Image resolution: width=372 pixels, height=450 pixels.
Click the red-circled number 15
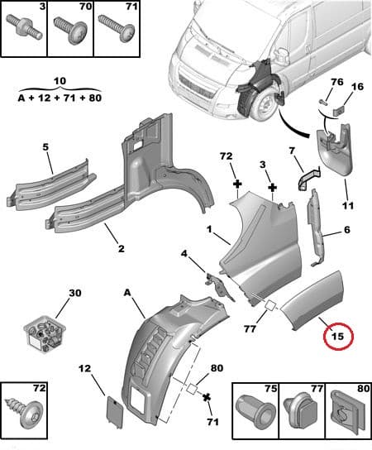pos(337,336)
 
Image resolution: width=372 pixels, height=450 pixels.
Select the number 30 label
pos(75,294)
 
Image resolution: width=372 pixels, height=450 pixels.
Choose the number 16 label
pos(357,86)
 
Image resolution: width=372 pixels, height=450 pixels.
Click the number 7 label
pos(291,151)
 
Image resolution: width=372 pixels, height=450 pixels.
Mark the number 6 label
pos(347,230)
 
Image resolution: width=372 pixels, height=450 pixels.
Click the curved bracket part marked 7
pos(306,178)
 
